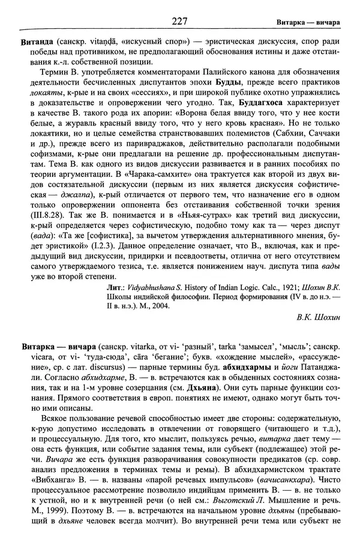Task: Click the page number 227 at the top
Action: click(180, 22)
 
